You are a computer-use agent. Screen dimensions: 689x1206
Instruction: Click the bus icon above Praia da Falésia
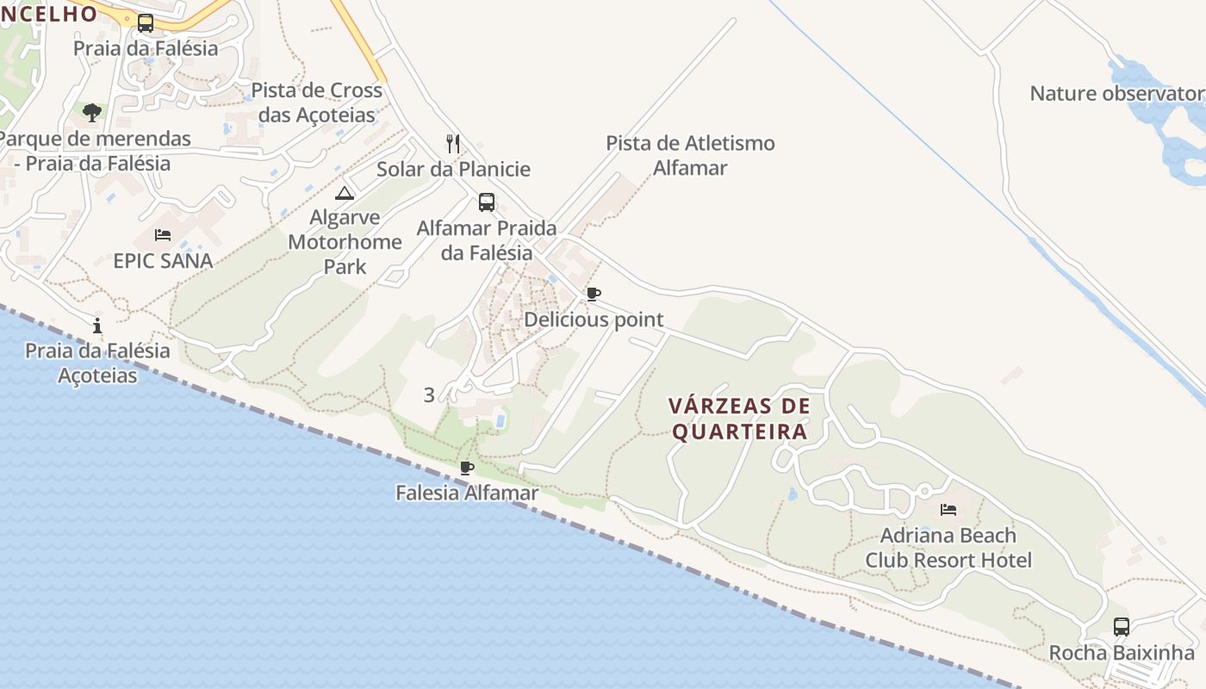pyautogui.click(x=146, y=23)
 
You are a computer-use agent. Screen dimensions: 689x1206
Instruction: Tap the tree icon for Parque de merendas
pyautogui.click(x=92, y=112)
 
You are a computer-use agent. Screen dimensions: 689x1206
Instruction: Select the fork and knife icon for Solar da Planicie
pyautogui.click(x=453, y=143)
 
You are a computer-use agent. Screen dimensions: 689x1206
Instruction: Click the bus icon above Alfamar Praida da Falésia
pyautogui.click(x=487, y=202)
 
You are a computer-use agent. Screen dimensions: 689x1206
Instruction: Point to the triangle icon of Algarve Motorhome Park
pyautogui.click(x=345, y=193)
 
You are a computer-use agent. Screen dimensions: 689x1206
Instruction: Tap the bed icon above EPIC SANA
pyautogui.click(x=163, y=234)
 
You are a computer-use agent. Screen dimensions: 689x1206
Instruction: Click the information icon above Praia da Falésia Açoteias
pyautogui.click(x=97, y=326)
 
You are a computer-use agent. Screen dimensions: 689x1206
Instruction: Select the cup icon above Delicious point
pyautogui.click(x=594, y=295)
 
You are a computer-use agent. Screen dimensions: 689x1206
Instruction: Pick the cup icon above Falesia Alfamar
pyautogui.click(x=467, y=469)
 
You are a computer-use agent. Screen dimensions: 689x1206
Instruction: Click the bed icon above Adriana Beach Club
pyautogui.click(x=948, y=510)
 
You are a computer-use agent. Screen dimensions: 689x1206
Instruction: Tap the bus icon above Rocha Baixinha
pyautogui.click(x=1121, y=627)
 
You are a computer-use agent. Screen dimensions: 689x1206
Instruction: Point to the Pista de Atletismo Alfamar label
pyautogui.click(x=690, y=155)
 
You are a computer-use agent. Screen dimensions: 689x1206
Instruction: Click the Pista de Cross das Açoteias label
pyautogui.click(x=316, y=102)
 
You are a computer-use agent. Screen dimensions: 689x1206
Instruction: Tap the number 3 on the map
pyautogui.click(x=429, y=395)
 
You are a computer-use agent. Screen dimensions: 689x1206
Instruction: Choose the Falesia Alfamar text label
pyautogui.click(x=467, y=493)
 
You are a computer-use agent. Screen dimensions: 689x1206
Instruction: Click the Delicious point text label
pyautogui.click(x=594, y=320)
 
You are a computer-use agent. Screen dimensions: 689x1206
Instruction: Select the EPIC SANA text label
pyautogui.click(x=163, y=260)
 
